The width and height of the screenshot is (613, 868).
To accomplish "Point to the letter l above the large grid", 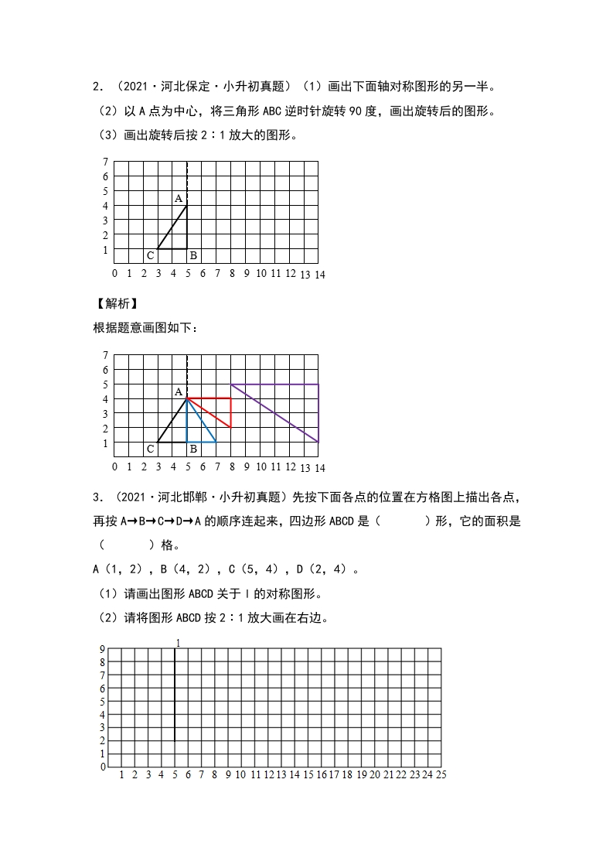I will pyautogui.click(x=178, y=643).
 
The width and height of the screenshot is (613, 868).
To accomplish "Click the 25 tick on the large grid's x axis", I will pyautogui.click(x=441, y=774).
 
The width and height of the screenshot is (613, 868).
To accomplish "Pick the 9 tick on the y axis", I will pyautogui.click(x=102, y=650).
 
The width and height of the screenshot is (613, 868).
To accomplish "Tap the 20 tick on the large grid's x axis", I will pyautogui.click(x=374, y=774).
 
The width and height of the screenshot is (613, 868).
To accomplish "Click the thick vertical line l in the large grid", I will pyautogui.click(x=175, y=696).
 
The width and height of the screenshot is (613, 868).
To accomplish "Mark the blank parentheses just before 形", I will pyautogui.click(x=405, y=521).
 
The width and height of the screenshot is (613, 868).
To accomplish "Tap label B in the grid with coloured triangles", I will pyautogui.click(x=193, y=449).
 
